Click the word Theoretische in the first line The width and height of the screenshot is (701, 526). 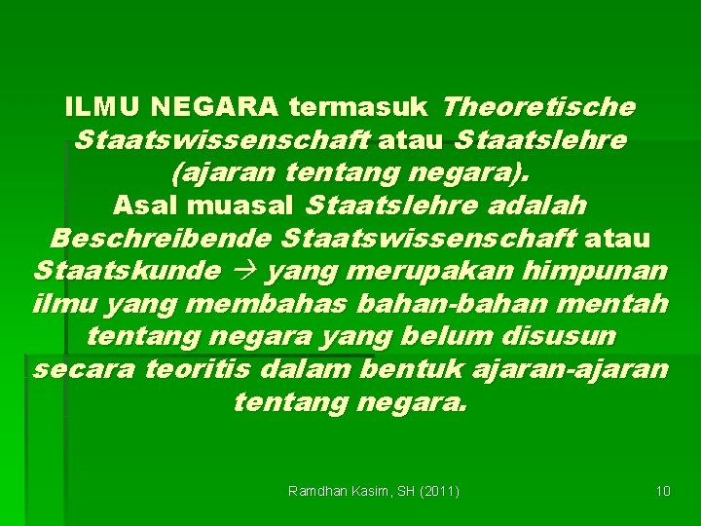click(x=538, y=105)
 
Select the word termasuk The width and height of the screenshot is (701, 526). click(x=361, y=105)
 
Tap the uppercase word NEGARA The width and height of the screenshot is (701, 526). click(x=212, y=105)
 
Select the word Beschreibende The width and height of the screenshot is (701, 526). click(x=161, y=239)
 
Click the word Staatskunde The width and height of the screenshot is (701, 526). click(x=127, y=272)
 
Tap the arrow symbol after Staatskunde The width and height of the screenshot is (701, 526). click(x=249, y=272)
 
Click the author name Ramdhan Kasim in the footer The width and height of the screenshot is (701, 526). click(x=337, y=491)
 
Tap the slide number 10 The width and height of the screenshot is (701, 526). click(x=663, y=491)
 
